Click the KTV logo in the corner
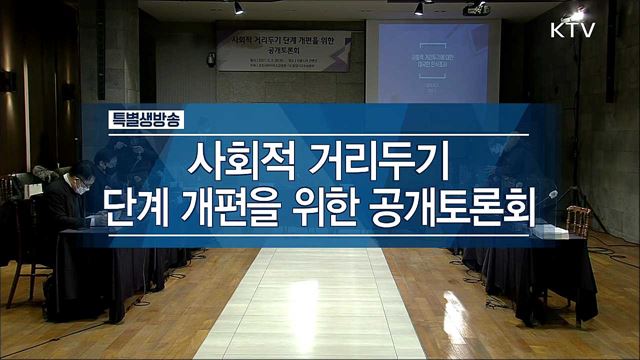click(x=572, y=30)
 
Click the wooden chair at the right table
click(x=578, y=221)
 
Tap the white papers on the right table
click(x=549, y=231)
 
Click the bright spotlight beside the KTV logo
click(x=576, y=13)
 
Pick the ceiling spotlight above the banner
click(x=238, y=7)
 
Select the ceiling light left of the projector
click(x=419, y=8)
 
